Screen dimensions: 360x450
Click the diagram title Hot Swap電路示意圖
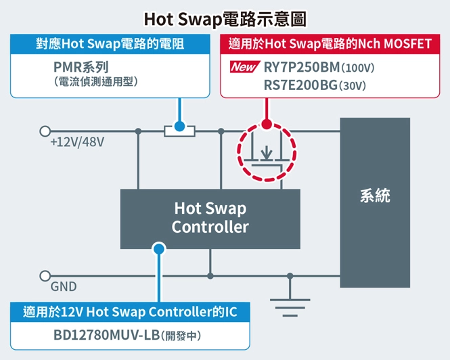pos(225,18)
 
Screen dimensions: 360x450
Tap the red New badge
pos(243,68)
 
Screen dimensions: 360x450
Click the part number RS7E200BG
pos(300,85)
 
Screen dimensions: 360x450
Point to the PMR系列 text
pos(81,67)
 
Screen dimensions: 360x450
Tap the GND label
pos(64,286)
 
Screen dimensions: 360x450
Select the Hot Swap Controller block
pos(210,218)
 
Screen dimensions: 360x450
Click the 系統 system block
pos(375,197)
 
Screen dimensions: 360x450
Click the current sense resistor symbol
pos(179,131)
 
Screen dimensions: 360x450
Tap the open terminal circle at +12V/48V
pos(45,131)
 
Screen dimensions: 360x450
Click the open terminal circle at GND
pos(45,275)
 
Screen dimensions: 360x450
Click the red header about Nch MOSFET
pos(330,45)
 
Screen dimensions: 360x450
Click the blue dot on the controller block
pos(159,248)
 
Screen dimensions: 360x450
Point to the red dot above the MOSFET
pos(267,125)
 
